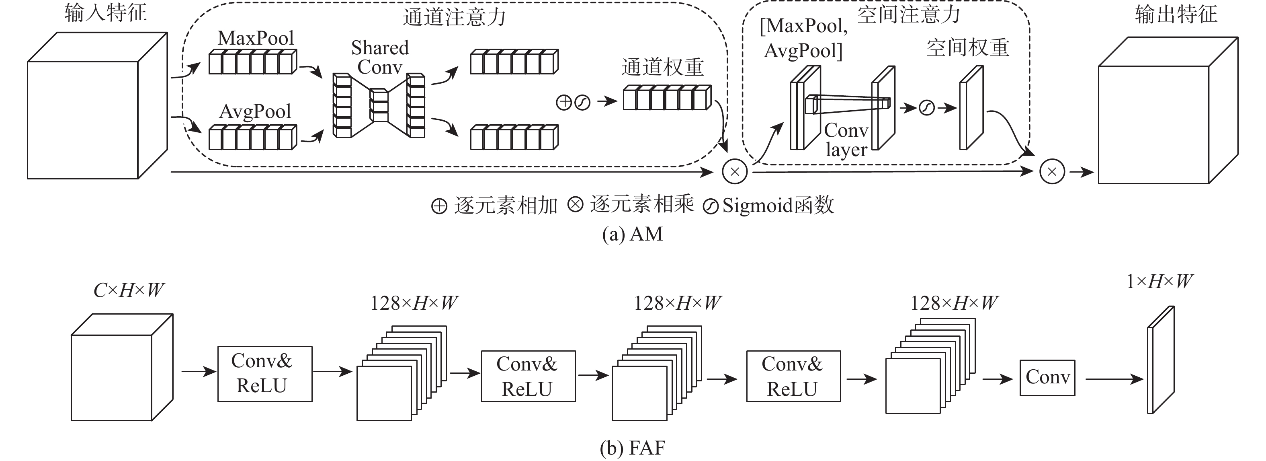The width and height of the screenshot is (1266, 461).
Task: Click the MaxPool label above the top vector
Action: point(256,38)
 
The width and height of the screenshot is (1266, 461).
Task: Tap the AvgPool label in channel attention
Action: point(255,112)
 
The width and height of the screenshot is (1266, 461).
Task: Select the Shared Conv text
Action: point(380,58)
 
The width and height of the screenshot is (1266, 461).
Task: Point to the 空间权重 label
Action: point(968,48)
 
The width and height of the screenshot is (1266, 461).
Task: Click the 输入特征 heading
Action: point(106,13)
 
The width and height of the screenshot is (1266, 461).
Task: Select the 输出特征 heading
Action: point(1176,14)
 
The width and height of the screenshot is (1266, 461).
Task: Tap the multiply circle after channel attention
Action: point(735,172)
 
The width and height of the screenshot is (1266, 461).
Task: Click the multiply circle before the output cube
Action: point(1052,172)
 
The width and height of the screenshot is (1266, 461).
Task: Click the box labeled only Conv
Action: point(1047,378)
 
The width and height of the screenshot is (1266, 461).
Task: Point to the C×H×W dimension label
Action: point(129,290)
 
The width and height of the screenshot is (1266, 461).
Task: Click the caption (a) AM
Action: point(633,234)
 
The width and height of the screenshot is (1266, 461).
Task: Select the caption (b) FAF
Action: point(633,448)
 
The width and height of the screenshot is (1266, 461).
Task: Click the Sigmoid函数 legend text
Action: point(778,205)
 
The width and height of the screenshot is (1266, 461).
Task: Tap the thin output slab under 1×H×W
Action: point(1160,360)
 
